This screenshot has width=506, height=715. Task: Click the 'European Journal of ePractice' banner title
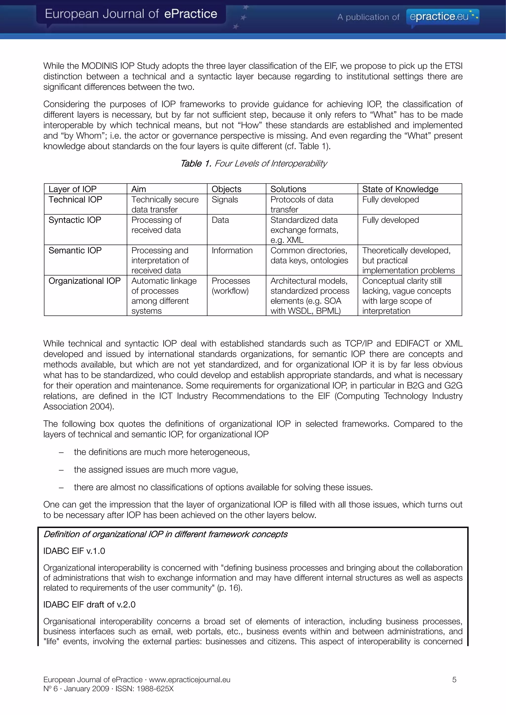(131, 14)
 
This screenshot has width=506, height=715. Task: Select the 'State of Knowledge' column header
(400, 189)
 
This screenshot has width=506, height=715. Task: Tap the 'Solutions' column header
(288, 189)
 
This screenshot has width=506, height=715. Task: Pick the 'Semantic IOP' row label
(75, 250)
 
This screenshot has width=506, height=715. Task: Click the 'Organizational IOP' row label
(84, 281)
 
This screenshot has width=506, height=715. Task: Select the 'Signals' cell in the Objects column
(225, 200)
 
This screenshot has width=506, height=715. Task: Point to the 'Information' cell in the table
(232, 250)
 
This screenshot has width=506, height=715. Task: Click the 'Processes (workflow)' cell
(231, 286)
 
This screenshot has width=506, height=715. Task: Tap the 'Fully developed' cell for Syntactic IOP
(390, 220)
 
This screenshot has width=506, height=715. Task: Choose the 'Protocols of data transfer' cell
(301, 204)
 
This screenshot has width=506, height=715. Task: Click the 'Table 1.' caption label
(196, 163)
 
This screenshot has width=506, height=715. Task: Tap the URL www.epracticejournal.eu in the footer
(190, 679)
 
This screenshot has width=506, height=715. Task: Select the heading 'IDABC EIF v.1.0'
(74, 551)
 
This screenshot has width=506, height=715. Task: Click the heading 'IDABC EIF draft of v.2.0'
(89, 604)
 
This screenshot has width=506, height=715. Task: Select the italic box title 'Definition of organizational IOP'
(165, 534)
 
